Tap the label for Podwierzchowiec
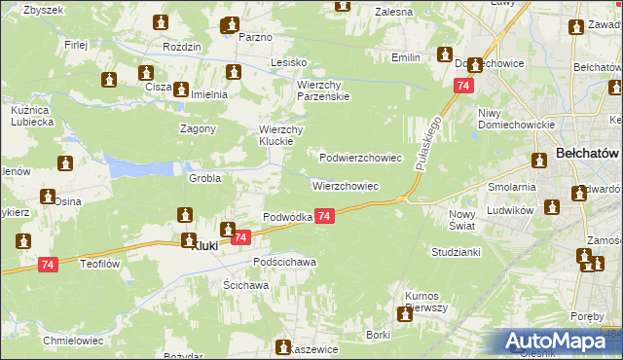[361, 157]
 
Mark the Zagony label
[198, 128]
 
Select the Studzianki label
[456, 252]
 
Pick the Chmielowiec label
[74, 341]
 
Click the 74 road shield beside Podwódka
[325, 216]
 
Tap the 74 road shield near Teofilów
[49, 264]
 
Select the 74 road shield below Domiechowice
[460, 87]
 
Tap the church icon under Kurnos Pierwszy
[404, 313]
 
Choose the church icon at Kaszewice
[284, 347]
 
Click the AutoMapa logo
[559, 342]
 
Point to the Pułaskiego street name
[427, 142]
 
